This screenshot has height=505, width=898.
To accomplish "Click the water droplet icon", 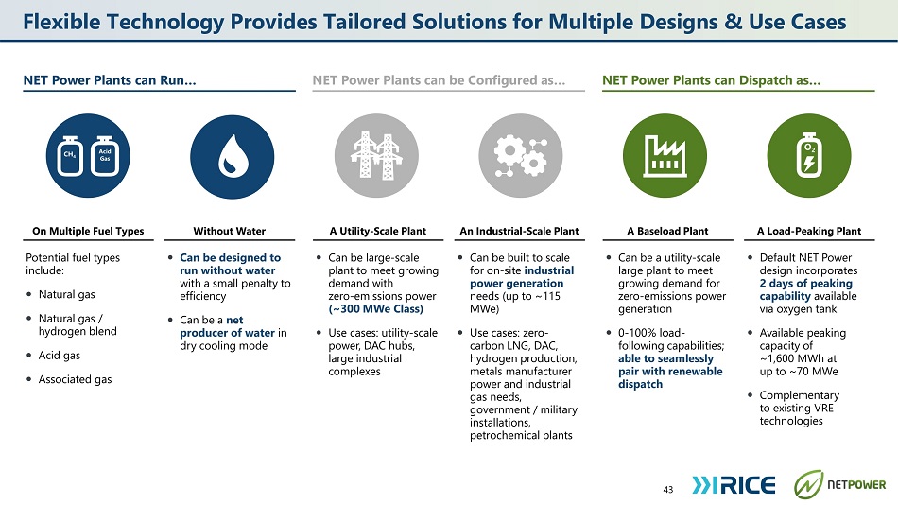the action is (233, 155).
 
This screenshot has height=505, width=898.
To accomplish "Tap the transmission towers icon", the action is (376, 155).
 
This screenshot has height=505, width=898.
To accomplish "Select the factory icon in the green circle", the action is (665, 155).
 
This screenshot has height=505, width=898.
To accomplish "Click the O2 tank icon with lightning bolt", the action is (808, 155).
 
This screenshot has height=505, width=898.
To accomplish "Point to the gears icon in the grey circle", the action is (521, 155).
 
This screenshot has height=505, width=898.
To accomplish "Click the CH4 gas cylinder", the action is (70, 156).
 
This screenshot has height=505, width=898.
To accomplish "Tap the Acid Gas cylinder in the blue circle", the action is (105, 156).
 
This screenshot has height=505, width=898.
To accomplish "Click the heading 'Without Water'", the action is (229, 231).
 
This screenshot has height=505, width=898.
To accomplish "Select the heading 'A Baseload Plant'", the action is (667, 231).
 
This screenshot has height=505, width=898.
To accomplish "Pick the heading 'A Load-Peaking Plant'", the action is (808, 231).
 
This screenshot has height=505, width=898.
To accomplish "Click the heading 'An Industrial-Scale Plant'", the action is (520, 231).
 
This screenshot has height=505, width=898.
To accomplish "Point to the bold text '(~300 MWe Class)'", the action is (375, 309).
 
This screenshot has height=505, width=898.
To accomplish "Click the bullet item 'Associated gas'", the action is (75, 379).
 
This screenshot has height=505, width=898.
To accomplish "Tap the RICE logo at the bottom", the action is (734, 485).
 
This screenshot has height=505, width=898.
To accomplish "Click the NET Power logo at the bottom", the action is (839, 484).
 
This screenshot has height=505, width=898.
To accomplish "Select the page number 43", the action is (667, 489).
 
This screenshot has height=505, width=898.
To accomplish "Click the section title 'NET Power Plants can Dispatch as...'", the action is (711, 80).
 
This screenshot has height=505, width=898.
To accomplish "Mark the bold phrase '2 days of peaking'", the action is (805, 283).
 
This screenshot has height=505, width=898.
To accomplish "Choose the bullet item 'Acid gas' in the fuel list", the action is (60, 356).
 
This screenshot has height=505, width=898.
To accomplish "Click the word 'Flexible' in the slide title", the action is (61, 22).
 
